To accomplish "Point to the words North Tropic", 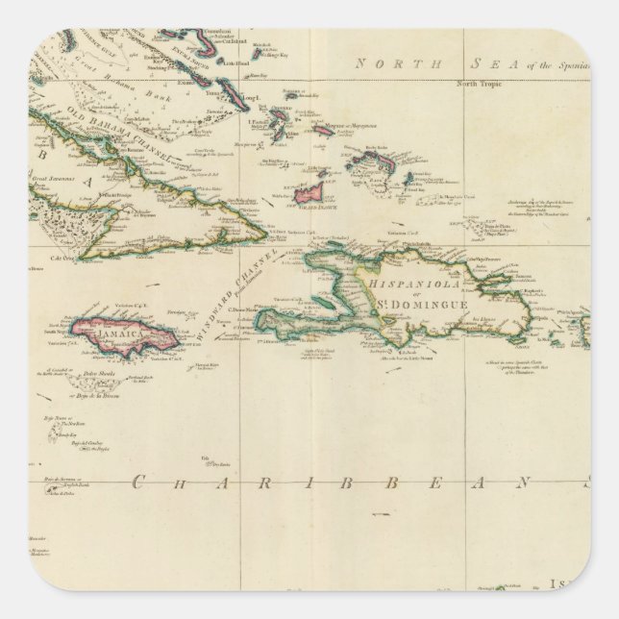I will [479, 86].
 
